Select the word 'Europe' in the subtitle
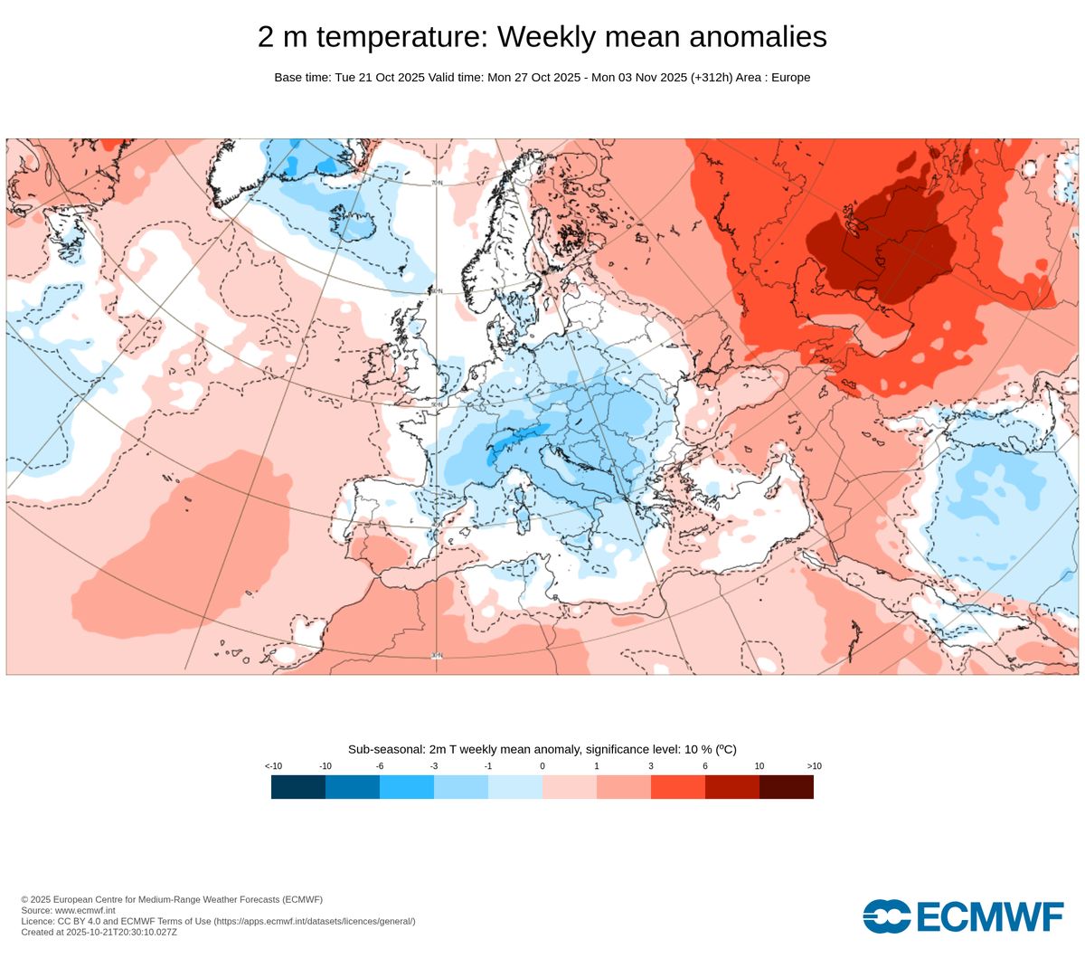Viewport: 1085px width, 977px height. click(790, 78)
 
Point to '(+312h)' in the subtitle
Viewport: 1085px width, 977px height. click(711, 78)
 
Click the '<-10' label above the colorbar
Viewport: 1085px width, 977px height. click(273, 766)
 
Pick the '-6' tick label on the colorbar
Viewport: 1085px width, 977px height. click(380, 766)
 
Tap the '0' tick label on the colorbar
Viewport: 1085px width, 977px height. click(542, 766)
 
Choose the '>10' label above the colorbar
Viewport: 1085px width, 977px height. click(814, 766)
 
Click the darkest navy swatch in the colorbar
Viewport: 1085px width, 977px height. click(298, 787)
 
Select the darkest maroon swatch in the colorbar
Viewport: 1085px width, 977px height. click(787, 787)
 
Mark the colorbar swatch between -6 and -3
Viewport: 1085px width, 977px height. click(407, 787)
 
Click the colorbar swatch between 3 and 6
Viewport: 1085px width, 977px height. click(678, 787)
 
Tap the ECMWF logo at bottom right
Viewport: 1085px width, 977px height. click(963, 916)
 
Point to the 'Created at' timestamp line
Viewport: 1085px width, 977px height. click(99, 932)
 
